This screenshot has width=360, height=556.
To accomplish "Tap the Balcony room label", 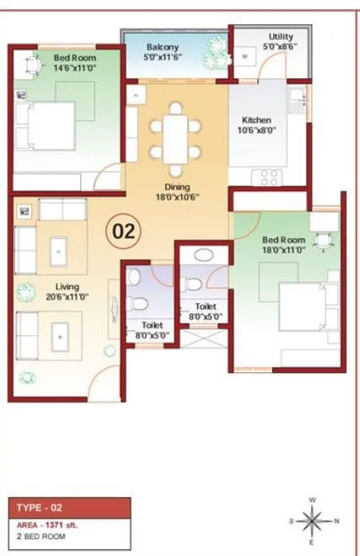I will tap(162, 46).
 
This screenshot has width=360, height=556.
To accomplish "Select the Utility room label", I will tap(281, 37).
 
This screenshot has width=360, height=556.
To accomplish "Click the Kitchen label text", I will tap(256, 120).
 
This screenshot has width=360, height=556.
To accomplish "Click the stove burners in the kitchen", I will tap(270, 177).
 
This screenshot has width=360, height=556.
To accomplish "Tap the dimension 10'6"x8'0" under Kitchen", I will tap(256, 131).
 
